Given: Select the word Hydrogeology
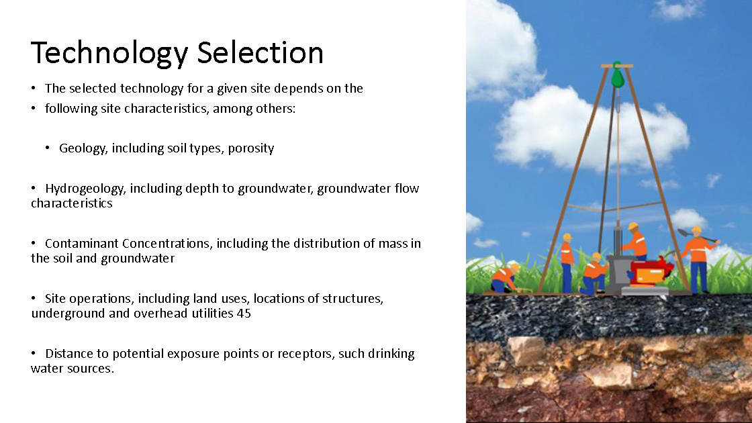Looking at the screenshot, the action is (x=85, y=189).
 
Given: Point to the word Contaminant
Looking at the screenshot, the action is (x=81, y=243).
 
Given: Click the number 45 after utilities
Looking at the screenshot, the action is (x=244, y=313).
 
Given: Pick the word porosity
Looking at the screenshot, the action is (x=251, y=148).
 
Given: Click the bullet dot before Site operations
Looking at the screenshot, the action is (x=33, y=298).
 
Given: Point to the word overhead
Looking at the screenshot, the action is (x=160, y=313).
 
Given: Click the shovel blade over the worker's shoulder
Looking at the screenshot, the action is (x=683, y=232).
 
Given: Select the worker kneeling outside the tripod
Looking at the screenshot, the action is (x=504, y=278).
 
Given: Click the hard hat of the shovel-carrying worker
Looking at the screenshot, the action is (x=696, y=231).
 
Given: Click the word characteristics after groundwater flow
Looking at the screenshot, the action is (x=71, y=203).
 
